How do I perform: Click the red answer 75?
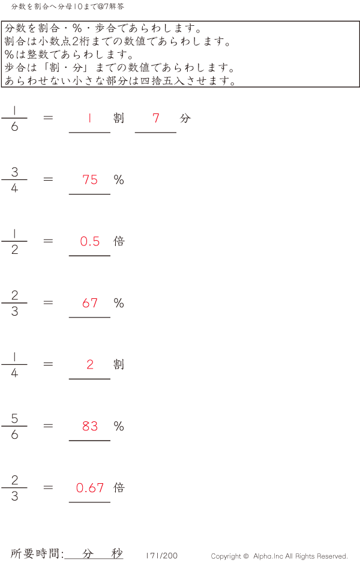(x=90, y=180)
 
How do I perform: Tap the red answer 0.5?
(x=90, y=241)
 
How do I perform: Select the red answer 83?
(x=90, y=426)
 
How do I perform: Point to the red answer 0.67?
(x=90, y=488)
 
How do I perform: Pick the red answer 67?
(x=90, y=303)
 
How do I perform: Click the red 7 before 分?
(x=156, y=118)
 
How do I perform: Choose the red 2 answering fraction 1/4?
(x=90, y=364)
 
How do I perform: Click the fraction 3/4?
(x=14, y=179)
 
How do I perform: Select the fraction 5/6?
(x=14, y=426)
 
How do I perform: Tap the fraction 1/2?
(x=14, y=241)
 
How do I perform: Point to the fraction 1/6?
(x=14, y=118)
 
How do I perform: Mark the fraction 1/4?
(x=14, y=364)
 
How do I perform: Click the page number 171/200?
(x=161, y=556)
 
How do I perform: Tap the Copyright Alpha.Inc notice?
(x=279, y=556)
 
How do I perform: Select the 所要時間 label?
(x=37, y=553)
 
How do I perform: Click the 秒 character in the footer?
(x=117, y=553)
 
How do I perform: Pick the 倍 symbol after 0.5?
(x=119, y=241)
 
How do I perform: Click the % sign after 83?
(x=119, y=426)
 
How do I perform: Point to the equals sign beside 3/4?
(x=49, y=179)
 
